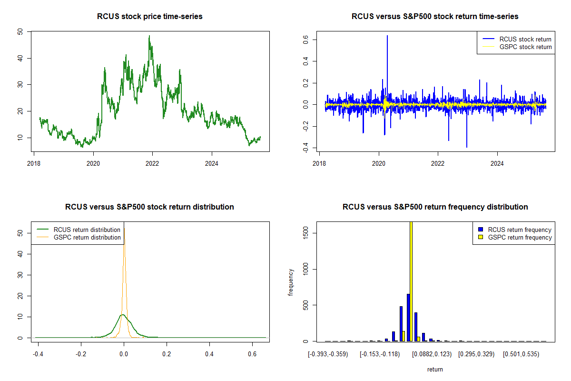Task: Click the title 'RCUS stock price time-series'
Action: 150,17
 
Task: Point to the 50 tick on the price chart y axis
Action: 20,32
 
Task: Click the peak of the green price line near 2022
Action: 149,36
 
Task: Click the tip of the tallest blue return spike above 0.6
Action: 387,36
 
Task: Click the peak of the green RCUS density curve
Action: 123,315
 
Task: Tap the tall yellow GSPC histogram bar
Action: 411,281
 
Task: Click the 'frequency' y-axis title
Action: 291,281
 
